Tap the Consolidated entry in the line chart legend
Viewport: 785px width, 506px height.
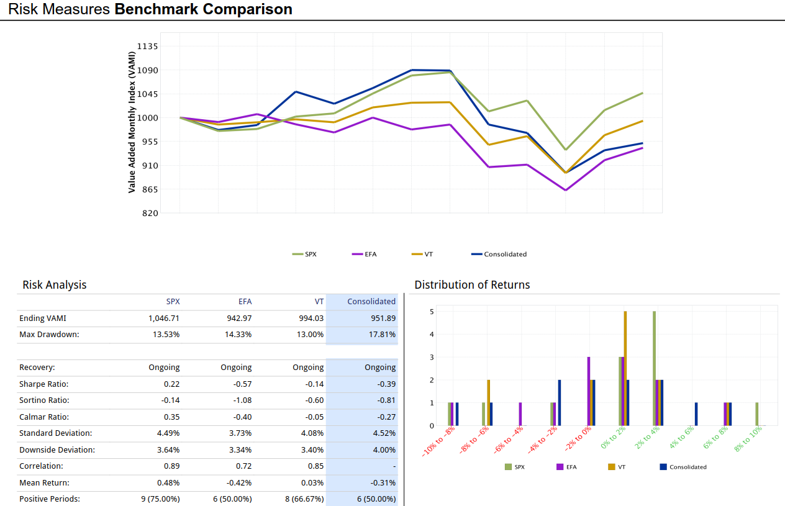505,254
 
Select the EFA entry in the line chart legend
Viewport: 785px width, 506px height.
370,254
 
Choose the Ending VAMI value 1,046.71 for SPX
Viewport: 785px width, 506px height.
164,319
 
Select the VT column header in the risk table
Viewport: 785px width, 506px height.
319,302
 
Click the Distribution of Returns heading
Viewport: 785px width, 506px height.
472,285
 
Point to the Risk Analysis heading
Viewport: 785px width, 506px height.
55,285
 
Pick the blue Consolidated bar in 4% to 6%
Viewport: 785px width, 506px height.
696,414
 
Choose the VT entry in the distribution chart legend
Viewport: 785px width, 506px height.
617,467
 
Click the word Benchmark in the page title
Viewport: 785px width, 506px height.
152,9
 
